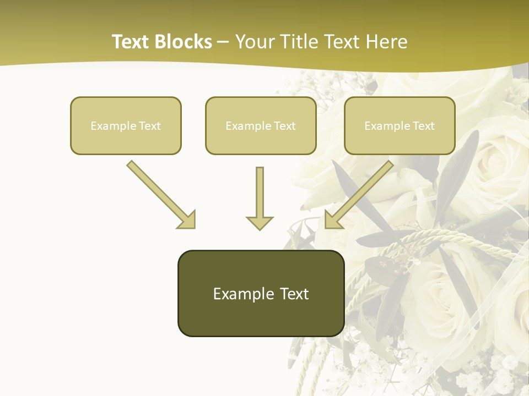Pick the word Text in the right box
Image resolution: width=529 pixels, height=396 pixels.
[x=423, y=126]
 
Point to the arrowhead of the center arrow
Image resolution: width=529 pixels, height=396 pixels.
[x=260, y=222]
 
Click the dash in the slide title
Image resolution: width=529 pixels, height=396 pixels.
[x=223, y=42]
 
